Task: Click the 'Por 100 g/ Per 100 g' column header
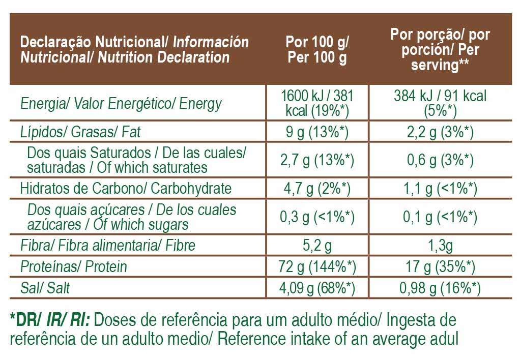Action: tap(317, 49)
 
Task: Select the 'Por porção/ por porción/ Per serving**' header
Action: tap(440, 49)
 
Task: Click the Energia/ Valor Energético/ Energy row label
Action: tap(121, 104)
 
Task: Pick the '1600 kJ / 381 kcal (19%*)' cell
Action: tap(317, 103)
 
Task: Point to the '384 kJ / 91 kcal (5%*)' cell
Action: tap(440, 103)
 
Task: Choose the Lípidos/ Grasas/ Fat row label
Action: tap(80, 132)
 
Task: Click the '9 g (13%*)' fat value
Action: tap(317, 132)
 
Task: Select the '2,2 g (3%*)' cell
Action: tap(440, 132)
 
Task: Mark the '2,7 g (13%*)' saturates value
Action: tap(317, 160)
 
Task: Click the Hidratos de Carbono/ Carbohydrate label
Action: tap(126, 188)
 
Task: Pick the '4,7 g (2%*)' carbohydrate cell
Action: tap(317, 189)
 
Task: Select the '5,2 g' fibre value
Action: tap(317, 246)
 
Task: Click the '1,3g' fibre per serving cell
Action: tap(440, 246)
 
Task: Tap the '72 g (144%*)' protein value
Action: tap(317, 266)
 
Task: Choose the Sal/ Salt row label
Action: tap(45, 288)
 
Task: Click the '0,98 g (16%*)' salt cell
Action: tap(440, 288)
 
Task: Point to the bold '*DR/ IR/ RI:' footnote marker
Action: tap(49, 320)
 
